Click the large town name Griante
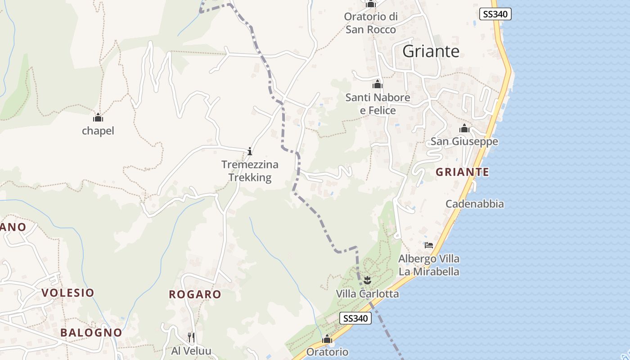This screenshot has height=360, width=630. click(431, 51)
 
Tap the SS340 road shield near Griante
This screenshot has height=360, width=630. click(495, 14)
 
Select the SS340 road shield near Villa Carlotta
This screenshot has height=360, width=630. click(355, 318)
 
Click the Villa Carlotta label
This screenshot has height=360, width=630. click(367, 294)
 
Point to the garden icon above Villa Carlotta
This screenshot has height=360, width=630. click(367, 281)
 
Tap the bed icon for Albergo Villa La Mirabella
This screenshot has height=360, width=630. click(429, 245)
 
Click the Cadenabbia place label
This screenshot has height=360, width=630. click(474, 204)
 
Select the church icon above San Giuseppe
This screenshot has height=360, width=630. click(464, 129)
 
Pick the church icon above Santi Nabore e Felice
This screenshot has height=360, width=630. click(377, 84)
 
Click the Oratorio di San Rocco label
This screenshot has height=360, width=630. click(371, 23)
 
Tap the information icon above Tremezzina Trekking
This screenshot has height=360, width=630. click(250, 151)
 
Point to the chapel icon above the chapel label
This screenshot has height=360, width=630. click(98, 118)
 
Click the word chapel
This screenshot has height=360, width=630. click(98, 131)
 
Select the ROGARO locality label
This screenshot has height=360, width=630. click(195, 294)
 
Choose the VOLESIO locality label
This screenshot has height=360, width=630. click(67, 292)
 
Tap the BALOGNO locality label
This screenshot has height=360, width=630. click(91, 333)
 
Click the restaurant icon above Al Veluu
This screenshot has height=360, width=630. click(191, 337)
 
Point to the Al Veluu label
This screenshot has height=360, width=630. click(191, 351)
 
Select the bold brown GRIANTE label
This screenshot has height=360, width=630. click(462, 172)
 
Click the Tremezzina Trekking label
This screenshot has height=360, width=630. click(250, 171)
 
